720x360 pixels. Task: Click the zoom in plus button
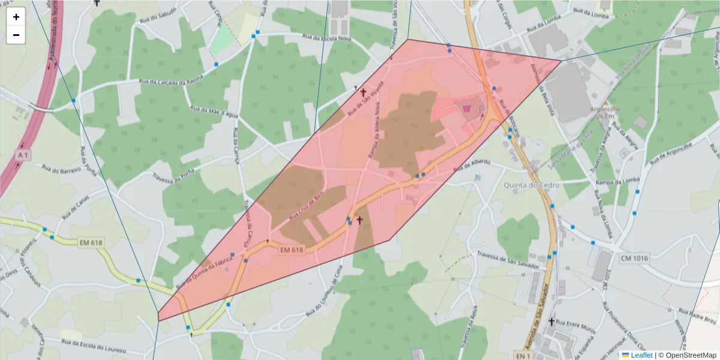[x=16, y=17]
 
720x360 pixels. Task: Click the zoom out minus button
[x=16, y=35]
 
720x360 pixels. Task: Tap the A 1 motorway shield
[x=23, y=155]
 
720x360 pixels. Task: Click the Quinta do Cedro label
[x=532, y=185]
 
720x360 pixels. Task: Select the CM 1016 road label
[x=634, y=257]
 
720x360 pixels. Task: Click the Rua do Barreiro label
[x=61, y=170]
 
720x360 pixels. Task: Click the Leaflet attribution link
[x=641, y=355]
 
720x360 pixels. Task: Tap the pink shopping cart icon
[x=467, y=108]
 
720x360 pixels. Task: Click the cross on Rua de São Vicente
[x=362, y=92]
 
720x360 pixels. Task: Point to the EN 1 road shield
[x=523, y=356]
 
